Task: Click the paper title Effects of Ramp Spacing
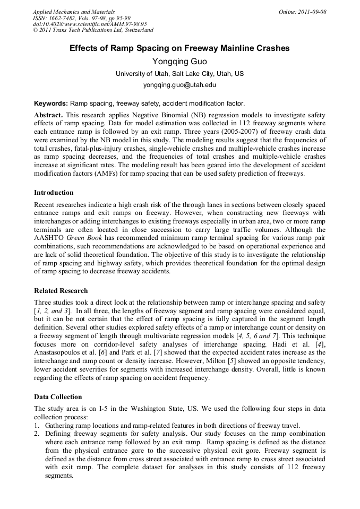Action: (x=179, y=48)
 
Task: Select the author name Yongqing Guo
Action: (x=179, y=62)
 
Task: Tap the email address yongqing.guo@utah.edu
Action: (x=179, y=84)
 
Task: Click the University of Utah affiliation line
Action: (x=179, y=74)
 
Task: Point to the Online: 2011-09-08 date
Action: (x=302, y=12)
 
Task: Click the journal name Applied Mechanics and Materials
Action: (x=73, y=12)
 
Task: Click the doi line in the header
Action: (x=90, y=24)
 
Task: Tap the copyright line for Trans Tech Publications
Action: (x=93, y=30)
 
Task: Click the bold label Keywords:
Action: (x=51, y=103)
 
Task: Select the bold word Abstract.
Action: (x=48, y=115)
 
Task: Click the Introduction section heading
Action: (x=54, y=193)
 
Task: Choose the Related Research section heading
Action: (x=61, y=291)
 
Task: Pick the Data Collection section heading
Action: (x=58, y=396)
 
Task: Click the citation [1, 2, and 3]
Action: (x=52, y=310)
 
